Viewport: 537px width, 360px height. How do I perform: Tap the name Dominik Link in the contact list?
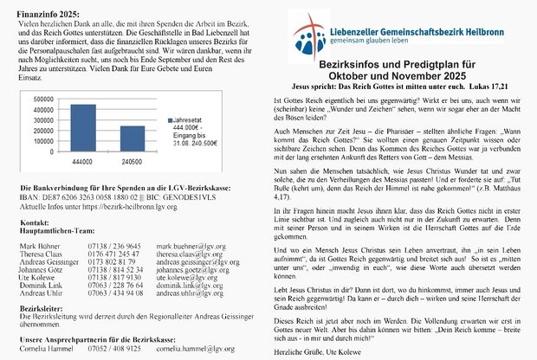point(42,286)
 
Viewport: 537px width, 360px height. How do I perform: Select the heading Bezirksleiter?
point(43,308)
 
